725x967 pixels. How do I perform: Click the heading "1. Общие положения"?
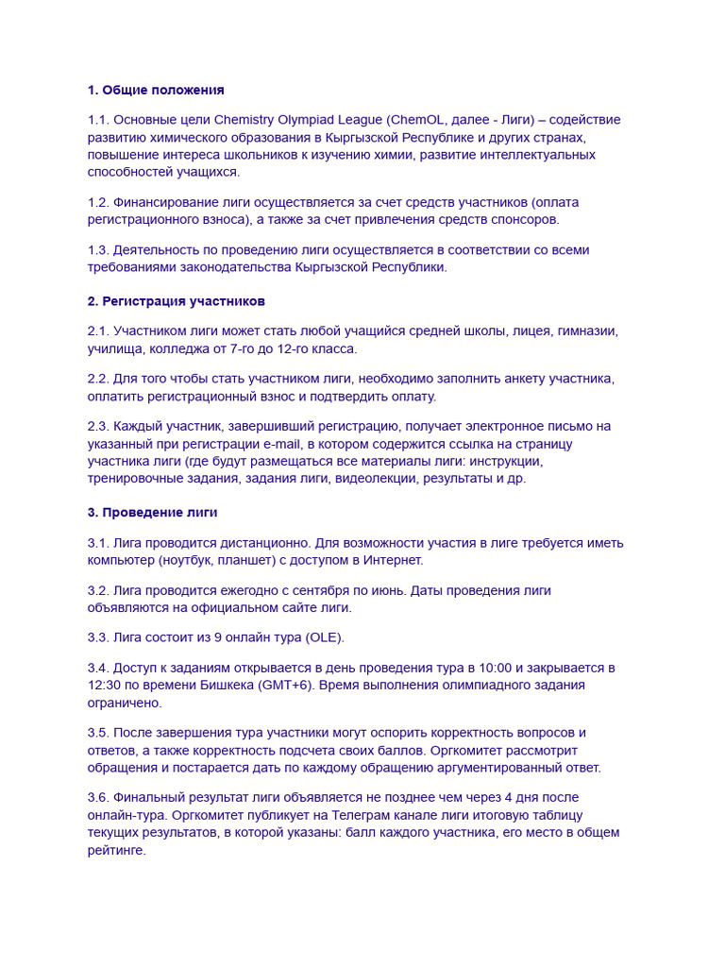point(156,91)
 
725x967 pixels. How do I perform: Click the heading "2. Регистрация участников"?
point(177,301)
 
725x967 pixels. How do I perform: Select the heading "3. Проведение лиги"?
point(153,513)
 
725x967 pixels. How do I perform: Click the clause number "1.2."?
point(98,202)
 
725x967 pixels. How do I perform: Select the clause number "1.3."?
point(98,249)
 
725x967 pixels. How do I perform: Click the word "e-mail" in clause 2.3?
point(288,443)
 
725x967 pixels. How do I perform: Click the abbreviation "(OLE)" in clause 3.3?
point(322,637)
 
